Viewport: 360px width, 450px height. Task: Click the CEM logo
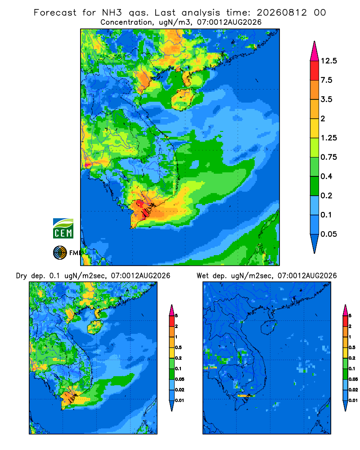[63, 228]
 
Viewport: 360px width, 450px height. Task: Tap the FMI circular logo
[60, 253]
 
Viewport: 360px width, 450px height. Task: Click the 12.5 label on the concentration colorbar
[328, 61]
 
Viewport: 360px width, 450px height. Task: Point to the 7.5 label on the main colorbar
[326, 80]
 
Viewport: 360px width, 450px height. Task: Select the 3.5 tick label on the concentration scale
[326, 99]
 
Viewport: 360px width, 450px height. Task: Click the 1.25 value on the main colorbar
[328, 138]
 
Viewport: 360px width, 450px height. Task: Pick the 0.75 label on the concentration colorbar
[328, 157]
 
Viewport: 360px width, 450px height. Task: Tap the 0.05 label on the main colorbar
[328, 234]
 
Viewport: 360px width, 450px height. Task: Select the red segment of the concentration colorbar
[315, 71]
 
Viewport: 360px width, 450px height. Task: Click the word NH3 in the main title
[112, 13]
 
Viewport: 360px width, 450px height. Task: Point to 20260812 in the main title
[282, 13]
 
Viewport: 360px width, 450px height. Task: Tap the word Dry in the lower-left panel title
[22, 276]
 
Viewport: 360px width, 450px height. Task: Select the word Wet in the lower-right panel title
[202, 276]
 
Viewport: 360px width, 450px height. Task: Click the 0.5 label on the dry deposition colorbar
[178, 347]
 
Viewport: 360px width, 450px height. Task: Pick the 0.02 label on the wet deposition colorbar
[353, 389]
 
